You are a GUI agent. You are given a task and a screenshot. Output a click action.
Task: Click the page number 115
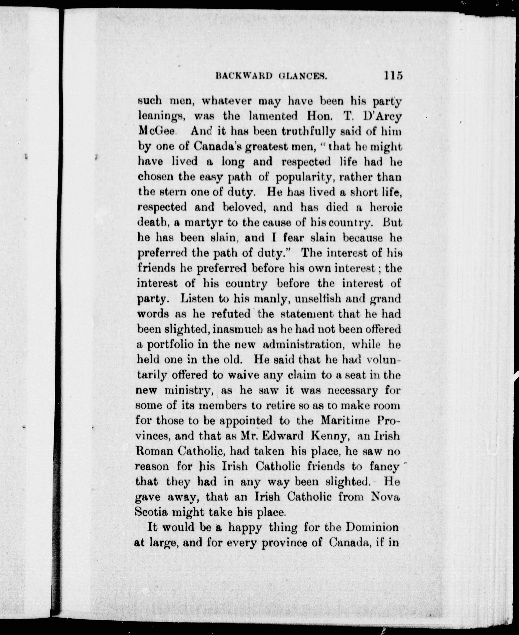point(393,75)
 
